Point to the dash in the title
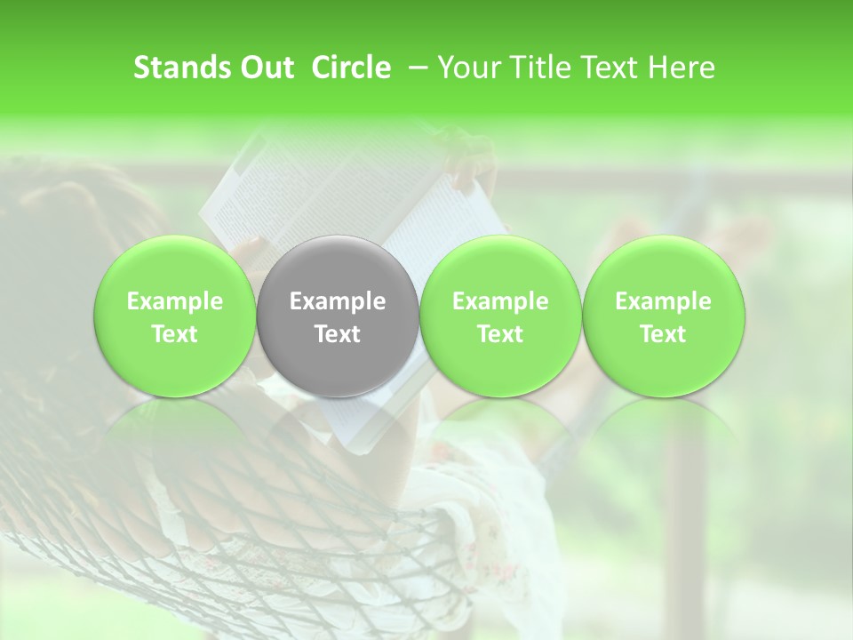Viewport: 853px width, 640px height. tap(414, 68)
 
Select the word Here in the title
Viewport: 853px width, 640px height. tap(682, 68)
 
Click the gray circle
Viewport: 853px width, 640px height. tap(338, 316)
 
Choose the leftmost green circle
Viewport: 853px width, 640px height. tap(175, 316)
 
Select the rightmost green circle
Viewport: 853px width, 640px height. tap(663, 316)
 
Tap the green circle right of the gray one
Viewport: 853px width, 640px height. tap(500, 316)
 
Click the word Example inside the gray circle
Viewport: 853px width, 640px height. tap(338, 301)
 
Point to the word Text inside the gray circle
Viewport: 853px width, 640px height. tap(338, 334)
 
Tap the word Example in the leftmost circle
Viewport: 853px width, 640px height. tap(175, 301)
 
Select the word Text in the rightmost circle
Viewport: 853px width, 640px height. tap(663, 334)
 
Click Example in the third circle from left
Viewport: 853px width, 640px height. tap(500, 301)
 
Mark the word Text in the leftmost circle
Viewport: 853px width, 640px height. tap(175, 334)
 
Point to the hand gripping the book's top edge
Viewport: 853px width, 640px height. tap(471, 164)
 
